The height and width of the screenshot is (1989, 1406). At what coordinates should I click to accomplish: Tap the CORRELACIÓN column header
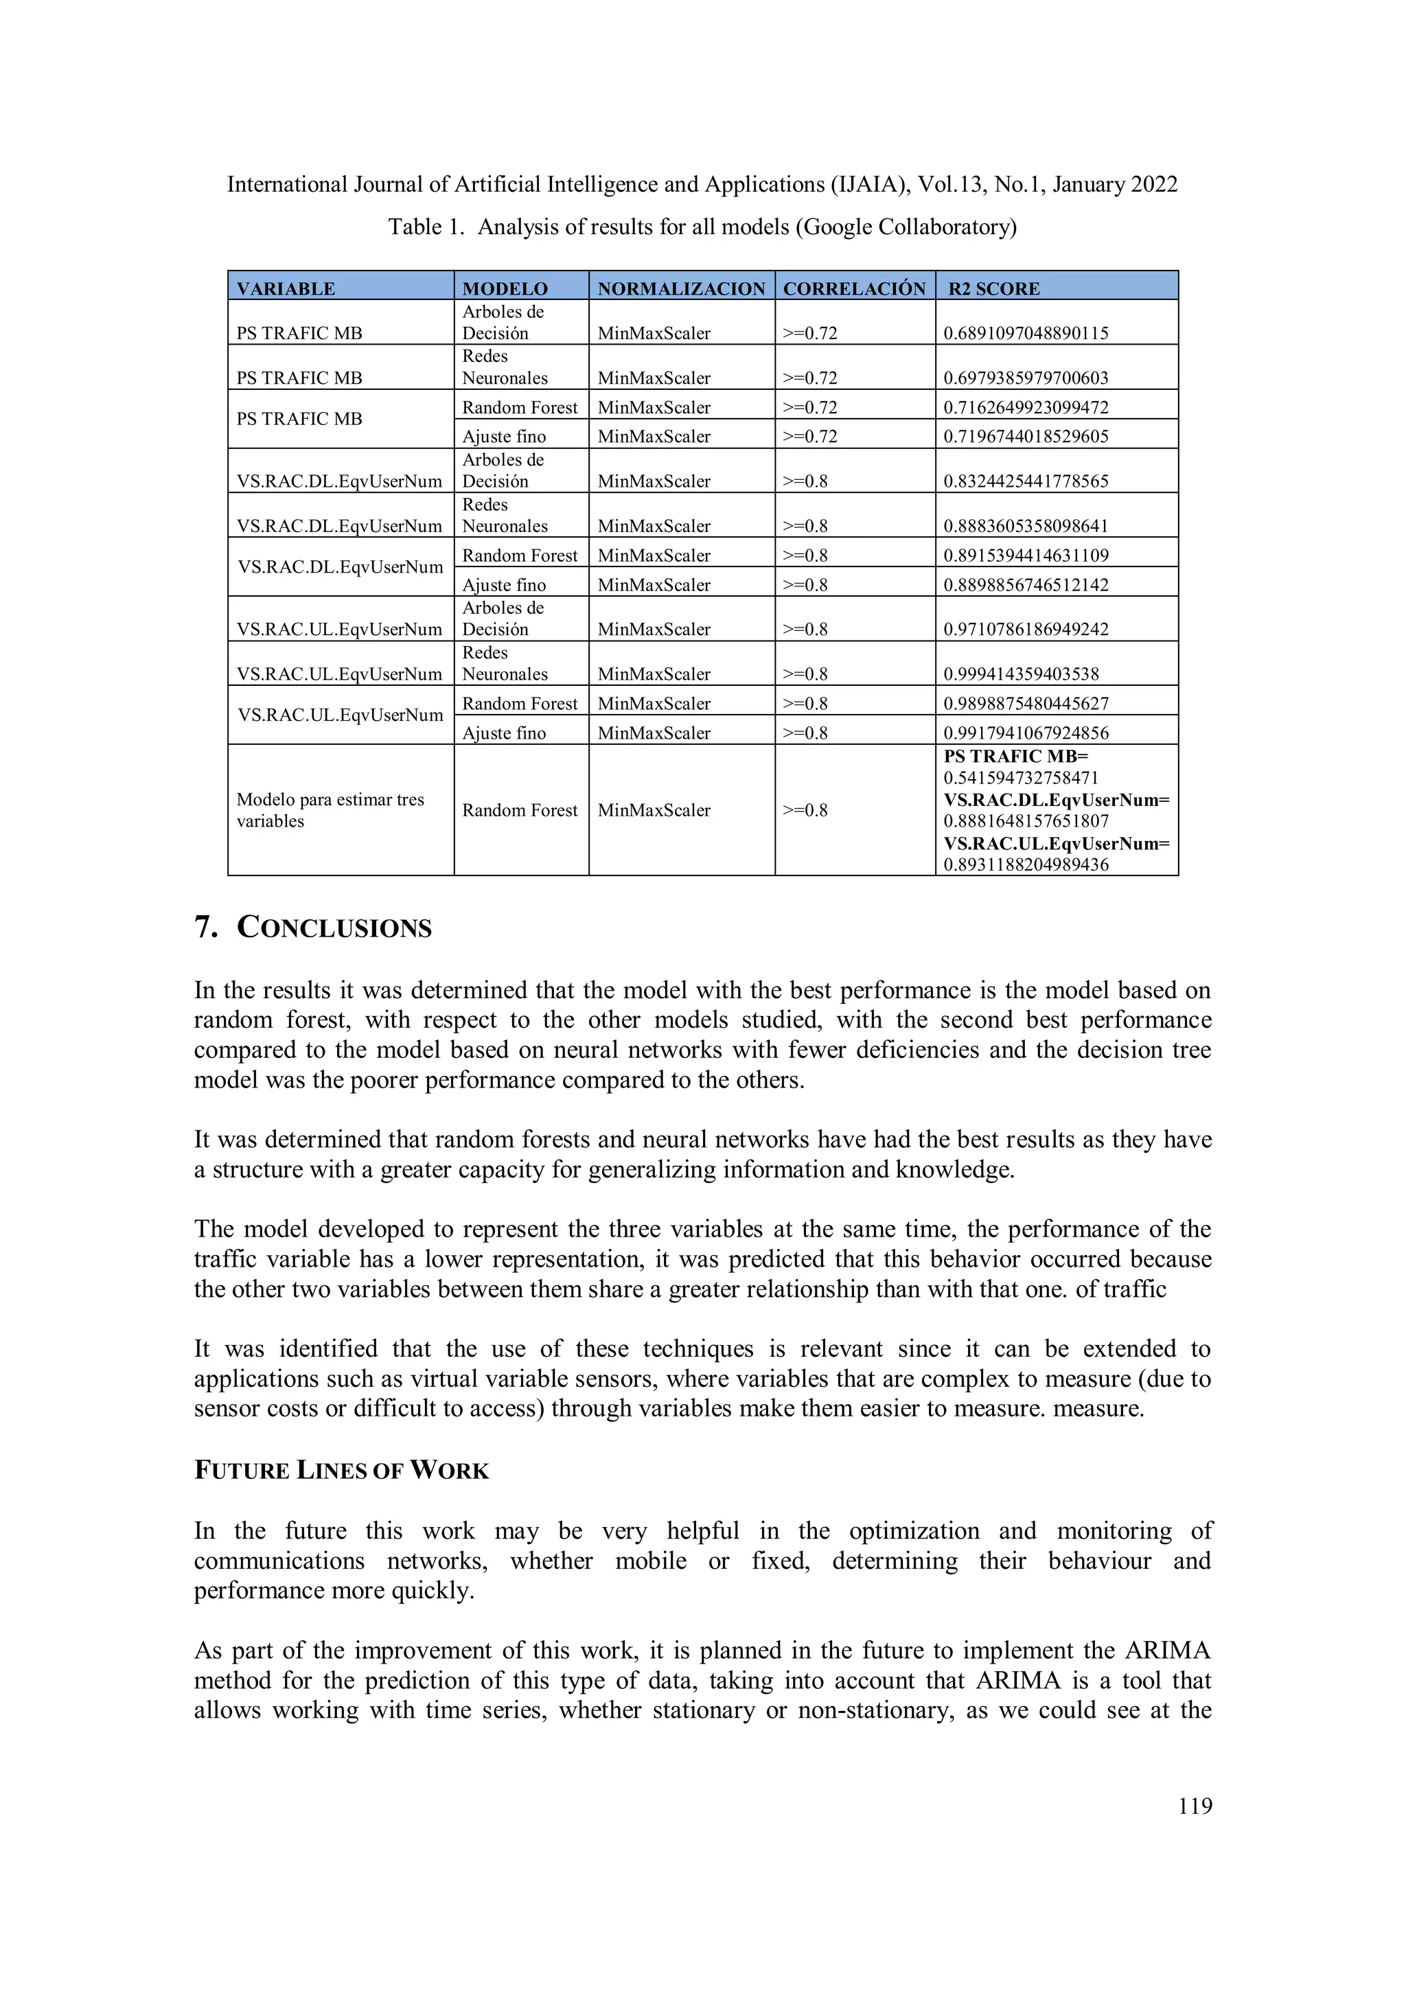point(854,288)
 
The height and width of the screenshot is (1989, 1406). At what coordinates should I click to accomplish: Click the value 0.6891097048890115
point(1026,334)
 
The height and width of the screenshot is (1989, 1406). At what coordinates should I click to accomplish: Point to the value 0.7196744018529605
point(1026,437)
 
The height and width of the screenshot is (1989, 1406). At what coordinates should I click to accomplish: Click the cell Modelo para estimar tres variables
point(330,810)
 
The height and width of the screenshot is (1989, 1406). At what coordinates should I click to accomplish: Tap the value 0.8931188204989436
point(1026,864)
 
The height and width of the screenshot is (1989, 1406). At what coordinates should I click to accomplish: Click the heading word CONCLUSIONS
point(334,928)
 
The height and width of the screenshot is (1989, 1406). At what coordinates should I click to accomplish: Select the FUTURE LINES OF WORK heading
point(341,1471)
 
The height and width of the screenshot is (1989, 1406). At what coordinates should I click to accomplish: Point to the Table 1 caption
point(702,227)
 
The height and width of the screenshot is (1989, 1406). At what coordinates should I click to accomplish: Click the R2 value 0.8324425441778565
point(1026,482)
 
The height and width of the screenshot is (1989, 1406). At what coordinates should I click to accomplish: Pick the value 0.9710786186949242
point(1026,630)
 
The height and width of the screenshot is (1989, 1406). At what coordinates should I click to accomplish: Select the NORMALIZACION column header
point(681,288)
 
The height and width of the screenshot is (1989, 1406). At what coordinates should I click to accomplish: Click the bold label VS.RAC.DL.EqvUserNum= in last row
point(1056,800)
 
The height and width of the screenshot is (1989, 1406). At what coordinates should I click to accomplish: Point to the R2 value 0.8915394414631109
point(1026,555)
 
